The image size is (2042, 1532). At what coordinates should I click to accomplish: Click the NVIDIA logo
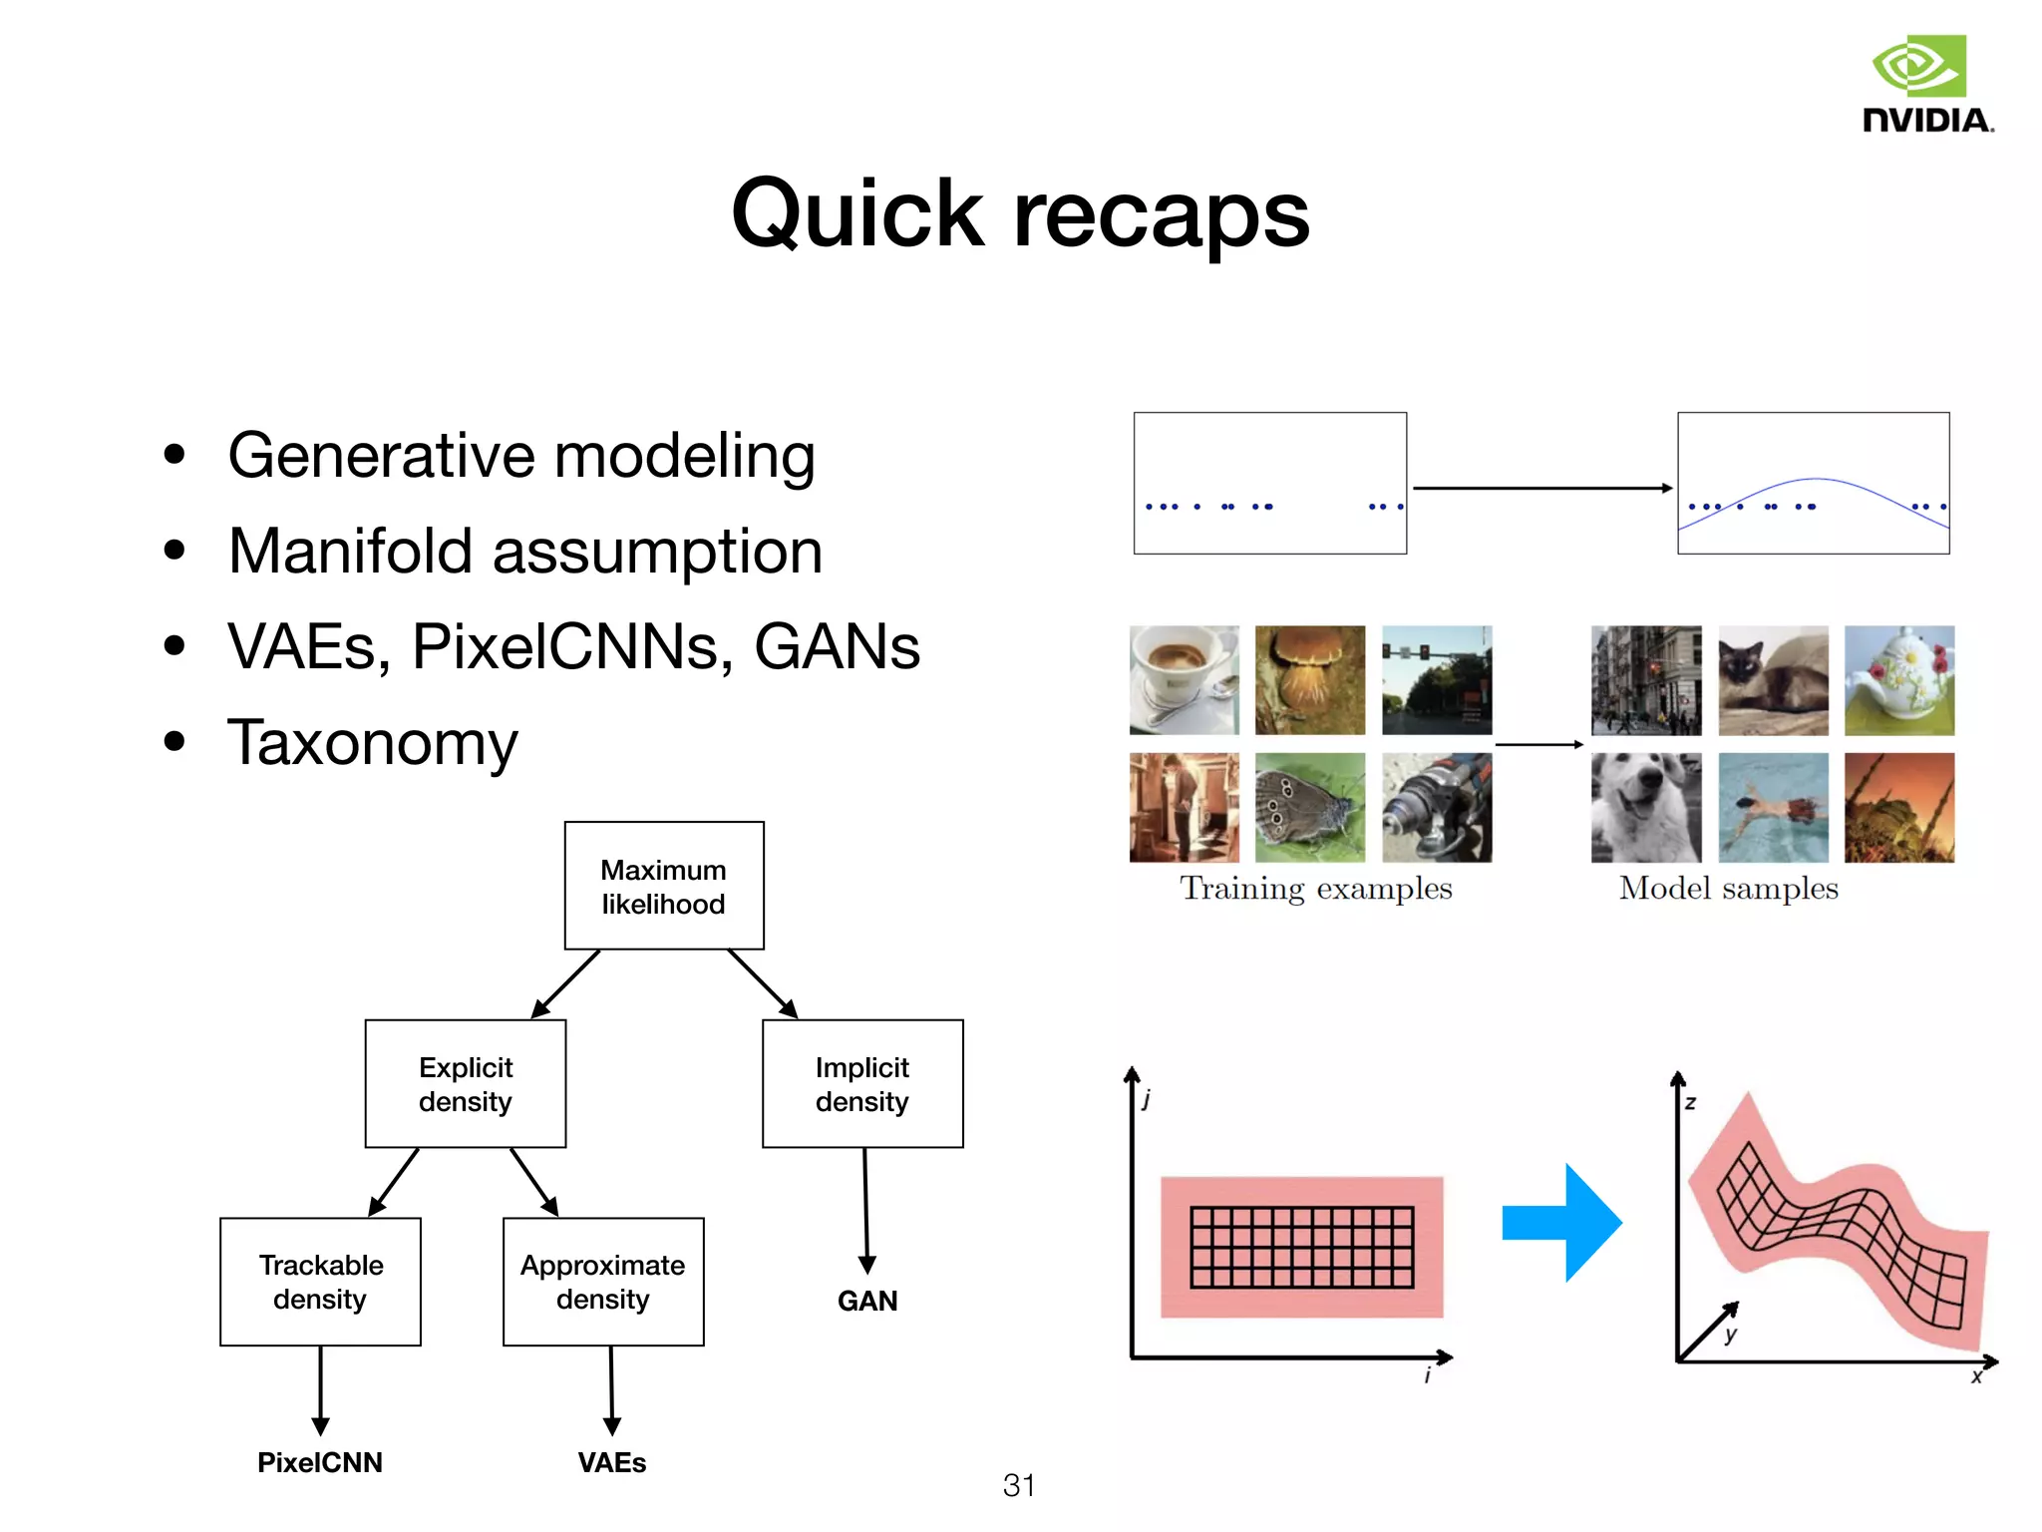click(1925, 85)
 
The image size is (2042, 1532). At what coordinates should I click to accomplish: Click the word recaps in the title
click(1161, 214)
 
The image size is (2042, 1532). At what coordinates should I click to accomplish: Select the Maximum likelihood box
click(664, 886)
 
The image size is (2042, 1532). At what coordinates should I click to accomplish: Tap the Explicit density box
click(466, 1084)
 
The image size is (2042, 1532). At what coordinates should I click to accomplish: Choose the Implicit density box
click(862, 1084)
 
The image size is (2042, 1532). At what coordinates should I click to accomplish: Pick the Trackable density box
click(320, 1282)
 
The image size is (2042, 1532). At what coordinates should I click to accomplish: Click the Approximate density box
click(603, 1282)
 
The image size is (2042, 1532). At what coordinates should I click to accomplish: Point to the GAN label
click(867, 1301)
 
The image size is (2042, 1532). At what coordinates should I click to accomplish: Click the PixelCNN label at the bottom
click(319, 1462)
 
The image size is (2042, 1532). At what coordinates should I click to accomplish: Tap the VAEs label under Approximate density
click(612, 1462)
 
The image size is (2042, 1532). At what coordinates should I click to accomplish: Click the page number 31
click(1018, 1485)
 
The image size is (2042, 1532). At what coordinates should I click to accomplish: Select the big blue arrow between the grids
click(1561, 1223)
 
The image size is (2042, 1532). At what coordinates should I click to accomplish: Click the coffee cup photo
click(1185, 680)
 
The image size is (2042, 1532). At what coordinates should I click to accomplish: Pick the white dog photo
click(1646, 808)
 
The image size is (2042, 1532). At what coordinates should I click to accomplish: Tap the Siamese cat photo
click(1773, 680)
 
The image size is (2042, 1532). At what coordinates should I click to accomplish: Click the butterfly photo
click(1309, 808)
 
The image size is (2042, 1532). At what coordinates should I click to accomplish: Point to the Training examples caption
click(1316, 889)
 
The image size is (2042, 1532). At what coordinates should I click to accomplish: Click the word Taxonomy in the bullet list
click(373, 742)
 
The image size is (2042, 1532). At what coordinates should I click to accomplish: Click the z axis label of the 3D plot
click(1690, 1103)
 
